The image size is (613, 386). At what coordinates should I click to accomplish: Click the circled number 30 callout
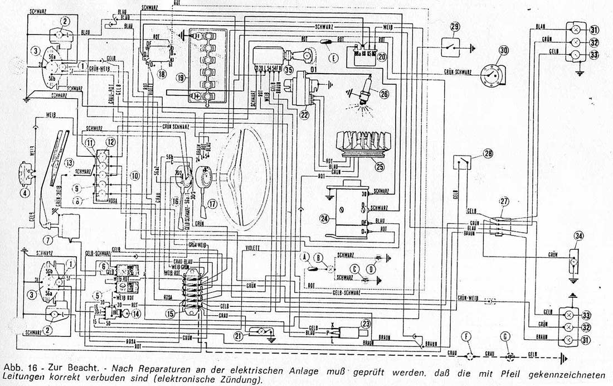pyautogui.click(x=504, y=50)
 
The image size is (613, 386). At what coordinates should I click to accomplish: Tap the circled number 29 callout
pyautogui.click(x=455, y=27)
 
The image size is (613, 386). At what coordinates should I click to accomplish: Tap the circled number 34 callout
pyautogui.click(x=578, y=237)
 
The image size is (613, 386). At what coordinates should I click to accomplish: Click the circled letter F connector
pyautogui.click(x=469, y=355)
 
